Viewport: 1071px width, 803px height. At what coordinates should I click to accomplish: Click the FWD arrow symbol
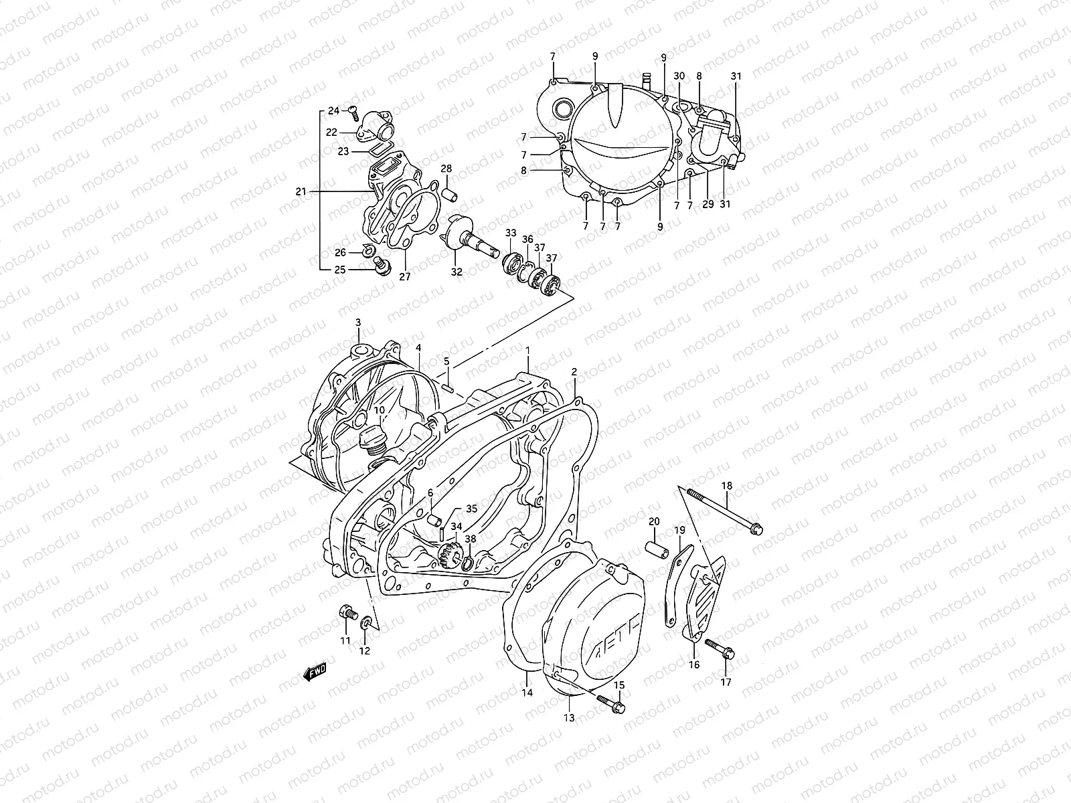tap(314, 671)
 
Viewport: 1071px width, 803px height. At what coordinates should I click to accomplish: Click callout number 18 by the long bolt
tap(727, 486)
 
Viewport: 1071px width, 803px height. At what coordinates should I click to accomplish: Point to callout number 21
tap(300, 191)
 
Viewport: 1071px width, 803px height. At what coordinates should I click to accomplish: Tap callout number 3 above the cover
tap(358, 323)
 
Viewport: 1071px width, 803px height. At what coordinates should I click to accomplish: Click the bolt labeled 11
tap(346, 612)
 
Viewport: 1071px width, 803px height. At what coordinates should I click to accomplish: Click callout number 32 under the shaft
tap(457, 272)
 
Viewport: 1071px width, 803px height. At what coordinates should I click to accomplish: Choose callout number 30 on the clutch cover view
tap(679, 76)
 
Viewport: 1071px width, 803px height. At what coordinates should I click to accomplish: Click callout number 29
tap(708, 204)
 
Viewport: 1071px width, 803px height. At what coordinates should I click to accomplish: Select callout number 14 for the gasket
tap(527, 693)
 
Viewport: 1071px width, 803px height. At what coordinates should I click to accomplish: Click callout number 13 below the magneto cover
tap(569, 719)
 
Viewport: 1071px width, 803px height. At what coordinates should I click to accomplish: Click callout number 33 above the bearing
tap(511, 233)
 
